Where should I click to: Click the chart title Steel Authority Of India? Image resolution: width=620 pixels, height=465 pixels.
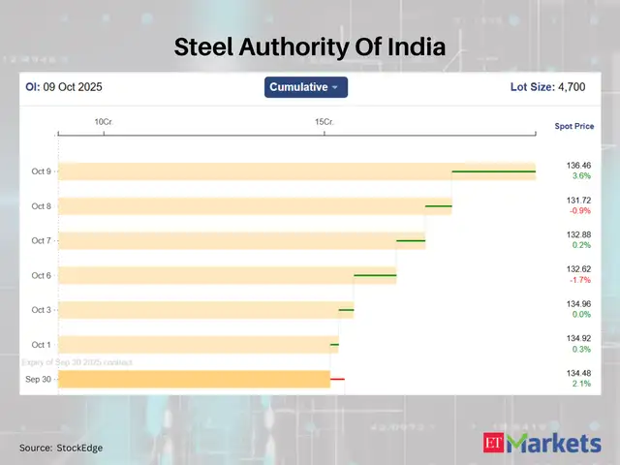point(310,46)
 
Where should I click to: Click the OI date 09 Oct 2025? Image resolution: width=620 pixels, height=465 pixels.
point(72,87)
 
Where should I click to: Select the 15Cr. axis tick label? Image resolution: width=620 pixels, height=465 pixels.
point(324,121)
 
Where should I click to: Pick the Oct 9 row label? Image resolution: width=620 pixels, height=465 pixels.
point(42,171)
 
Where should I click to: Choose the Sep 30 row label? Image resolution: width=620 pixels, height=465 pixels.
point(40,379)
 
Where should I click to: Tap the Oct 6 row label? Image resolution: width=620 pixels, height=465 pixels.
point(42,275)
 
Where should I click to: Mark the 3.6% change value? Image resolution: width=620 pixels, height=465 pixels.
point(581,176)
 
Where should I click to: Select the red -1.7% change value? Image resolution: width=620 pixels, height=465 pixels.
point(580,280)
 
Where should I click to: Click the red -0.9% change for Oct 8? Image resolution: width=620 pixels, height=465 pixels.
point(580,211)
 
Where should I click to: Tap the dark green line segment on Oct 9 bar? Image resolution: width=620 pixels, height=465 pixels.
point(494,171)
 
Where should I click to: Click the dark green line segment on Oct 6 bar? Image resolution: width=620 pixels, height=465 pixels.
point(375,275)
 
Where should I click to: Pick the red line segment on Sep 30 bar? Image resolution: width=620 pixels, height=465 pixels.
point(337,379)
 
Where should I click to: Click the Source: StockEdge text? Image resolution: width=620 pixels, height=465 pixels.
point(61,448)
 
